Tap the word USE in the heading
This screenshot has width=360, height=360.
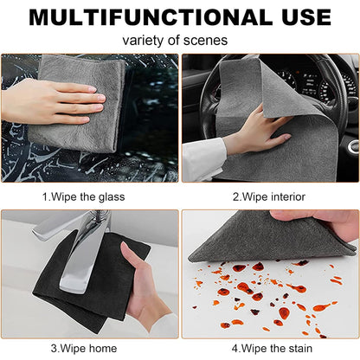coord(299,16)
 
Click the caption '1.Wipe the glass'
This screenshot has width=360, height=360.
coord(84,196)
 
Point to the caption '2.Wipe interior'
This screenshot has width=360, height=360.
coord(270,196)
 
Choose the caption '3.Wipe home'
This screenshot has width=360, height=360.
coord(84,349)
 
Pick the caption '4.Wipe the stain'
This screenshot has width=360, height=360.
coord(270,349)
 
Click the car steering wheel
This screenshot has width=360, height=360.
coord(337,104)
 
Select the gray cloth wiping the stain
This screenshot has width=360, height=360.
coord(260,238)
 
